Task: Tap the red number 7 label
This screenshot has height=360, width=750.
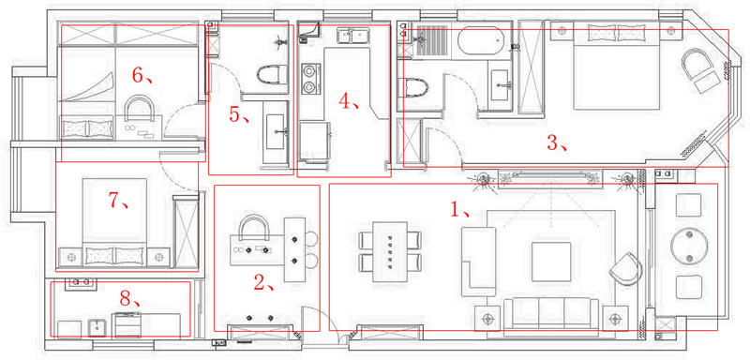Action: click(x=115, y=201)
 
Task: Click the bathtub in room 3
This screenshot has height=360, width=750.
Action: click(x=481, y=40)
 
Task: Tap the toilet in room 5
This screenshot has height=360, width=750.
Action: click(x=271, y=75)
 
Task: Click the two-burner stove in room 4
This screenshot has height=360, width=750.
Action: click(x=310, y=79)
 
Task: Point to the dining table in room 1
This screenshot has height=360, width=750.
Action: click(x=390, y=252)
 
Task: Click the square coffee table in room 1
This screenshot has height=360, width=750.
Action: click(x=551, y=262)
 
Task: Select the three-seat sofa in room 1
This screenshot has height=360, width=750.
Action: click(x=551, y=314)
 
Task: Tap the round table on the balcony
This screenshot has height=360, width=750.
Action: click(x=689, y=247)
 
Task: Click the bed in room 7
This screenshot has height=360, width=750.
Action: click(x=114, y=222)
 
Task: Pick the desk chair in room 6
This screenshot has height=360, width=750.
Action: click(x=139, y=108)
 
